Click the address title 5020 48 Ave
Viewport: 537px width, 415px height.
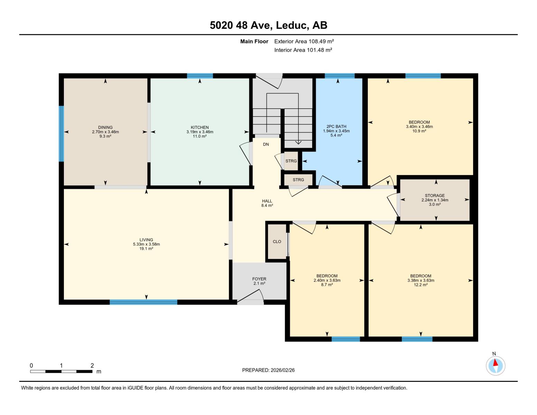(268, 25)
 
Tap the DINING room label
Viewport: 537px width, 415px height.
(105, 127)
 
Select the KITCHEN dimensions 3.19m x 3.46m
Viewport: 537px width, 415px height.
(200, 132)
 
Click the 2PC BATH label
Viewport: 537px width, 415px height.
(336, 127)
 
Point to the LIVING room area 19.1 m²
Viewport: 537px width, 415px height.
(146, 249)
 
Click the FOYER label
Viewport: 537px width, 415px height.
(259, 279)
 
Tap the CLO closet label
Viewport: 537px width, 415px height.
(277, 242)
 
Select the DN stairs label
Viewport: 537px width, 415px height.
(266, 145)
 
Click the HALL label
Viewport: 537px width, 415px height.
(267, 201)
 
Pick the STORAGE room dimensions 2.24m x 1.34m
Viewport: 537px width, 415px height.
(435, 200)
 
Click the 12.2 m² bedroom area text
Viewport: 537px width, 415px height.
(420, 285)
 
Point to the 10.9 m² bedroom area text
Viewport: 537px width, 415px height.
(419, 131)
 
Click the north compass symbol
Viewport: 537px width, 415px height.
(496, 366)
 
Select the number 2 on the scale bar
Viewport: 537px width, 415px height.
(92, 366)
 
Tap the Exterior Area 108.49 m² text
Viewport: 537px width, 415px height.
(304, 41)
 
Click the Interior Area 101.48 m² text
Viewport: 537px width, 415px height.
(303, 50)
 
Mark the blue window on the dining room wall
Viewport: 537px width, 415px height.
(61, 133)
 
